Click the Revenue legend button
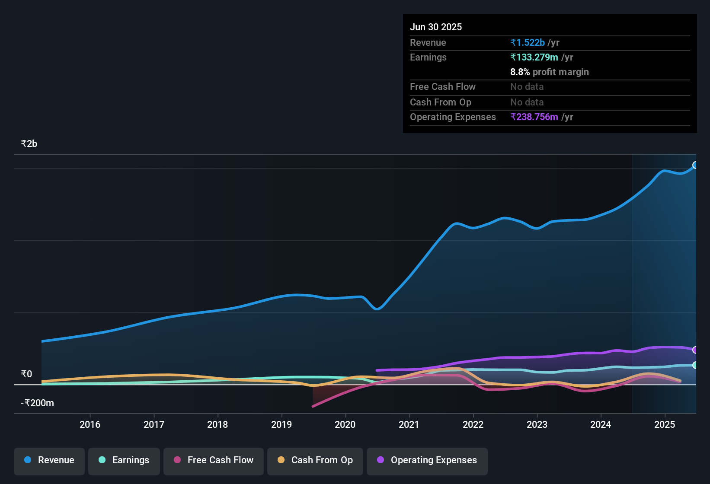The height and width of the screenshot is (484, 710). click(x=49, y=460)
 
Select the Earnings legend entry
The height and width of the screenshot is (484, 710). click(x=124, y=460)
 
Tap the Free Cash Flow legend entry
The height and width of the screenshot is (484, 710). click(x=214, y=460)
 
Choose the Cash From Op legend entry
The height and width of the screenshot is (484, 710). click(x=315, y=460)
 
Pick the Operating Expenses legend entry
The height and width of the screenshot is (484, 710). click(x=427, y=460)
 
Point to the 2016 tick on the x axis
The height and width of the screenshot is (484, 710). click(x=90, y=424)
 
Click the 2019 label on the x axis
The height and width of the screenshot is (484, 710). click(x=281, y=424)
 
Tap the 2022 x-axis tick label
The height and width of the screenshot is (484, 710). click(x=473, y=424)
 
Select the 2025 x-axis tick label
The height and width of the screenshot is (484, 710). click(x=665, y=424)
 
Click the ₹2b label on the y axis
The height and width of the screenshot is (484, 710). click(x=29, y=144)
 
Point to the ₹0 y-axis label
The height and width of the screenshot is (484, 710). click(x=27, y=374)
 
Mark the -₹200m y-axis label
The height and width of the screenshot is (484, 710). click(x=38, y=403)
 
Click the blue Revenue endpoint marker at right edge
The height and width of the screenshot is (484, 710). click(x=695, y=165)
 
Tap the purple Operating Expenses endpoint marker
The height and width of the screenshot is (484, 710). click(x=695, y=350)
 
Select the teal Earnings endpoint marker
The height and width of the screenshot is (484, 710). click(x=695, y=365)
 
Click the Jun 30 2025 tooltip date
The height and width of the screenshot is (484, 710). click(x=436, y=27)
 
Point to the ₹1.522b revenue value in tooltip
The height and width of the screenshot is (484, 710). click(x=528, y=42)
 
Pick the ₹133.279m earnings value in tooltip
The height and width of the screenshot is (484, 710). click(x=534, y=57)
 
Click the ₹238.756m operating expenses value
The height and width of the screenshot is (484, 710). click(x=534, y=117)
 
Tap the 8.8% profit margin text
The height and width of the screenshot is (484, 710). click(x=550, y=72)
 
